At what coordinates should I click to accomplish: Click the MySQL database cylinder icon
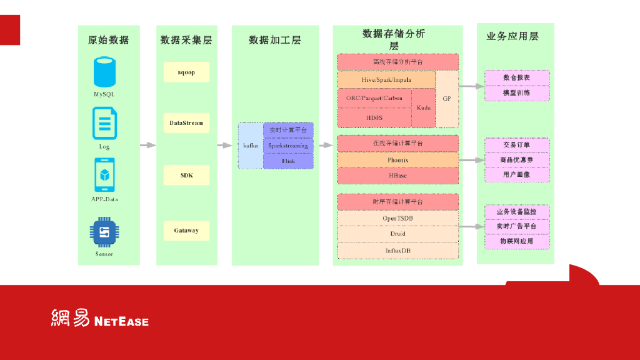[104, 72]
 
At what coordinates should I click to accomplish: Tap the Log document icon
[104, 124]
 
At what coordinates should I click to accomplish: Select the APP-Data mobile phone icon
[104, 175]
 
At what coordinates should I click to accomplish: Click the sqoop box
[186, 72]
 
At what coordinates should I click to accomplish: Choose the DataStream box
[186, 123]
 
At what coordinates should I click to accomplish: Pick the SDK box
[186, 175]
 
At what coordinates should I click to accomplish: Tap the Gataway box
[186, 231]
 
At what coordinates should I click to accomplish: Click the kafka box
[250, 146]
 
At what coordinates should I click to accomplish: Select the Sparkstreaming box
[288, 146]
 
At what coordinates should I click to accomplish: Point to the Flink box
[288, 161]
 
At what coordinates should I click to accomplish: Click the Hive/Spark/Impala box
[386, 80]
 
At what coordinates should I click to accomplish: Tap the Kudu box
[423, 107]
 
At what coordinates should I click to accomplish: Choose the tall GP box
[447, 99]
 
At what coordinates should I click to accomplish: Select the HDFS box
[374, 117]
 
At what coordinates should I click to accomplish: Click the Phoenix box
[397, 160]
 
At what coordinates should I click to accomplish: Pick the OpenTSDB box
[397, 218]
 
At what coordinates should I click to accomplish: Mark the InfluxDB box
[397, 251]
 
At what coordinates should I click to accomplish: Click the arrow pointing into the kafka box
[224, 146]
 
